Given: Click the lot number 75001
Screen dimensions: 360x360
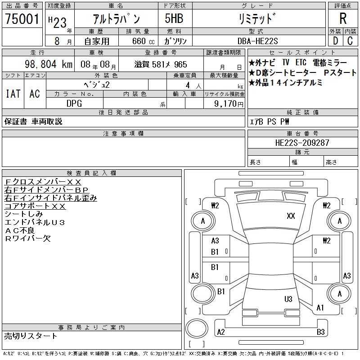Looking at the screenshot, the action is [x=22, y=18].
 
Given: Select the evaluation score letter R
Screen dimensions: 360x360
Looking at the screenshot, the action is [x=342, y=18].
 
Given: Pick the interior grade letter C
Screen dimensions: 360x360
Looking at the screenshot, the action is [x=350, y=40].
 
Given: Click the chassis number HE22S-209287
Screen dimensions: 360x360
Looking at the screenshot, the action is [x=302, y=143].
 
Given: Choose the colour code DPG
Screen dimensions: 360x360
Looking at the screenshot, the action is [x=74, y=104].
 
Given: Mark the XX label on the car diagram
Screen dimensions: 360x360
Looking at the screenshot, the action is [x=291, y=216].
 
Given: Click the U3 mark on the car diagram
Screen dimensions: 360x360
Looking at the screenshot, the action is [x=288, y=299].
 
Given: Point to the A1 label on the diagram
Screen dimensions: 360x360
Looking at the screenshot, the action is [x=320, y=308].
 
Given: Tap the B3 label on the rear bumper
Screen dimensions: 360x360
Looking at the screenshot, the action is [x=321, y=332].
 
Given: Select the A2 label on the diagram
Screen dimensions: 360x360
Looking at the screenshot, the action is [x=221, y=332].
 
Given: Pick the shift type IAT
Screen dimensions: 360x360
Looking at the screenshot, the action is [x=13, y=94].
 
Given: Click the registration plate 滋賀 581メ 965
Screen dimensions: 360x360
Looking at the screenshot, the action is [x=161, y=64].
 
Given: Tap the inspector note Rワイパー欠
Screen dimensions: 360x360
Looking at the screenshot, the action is [x=28, y=238].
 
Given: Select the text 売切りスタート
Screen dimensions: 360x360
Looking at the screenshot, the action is [x=31, y=336].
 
